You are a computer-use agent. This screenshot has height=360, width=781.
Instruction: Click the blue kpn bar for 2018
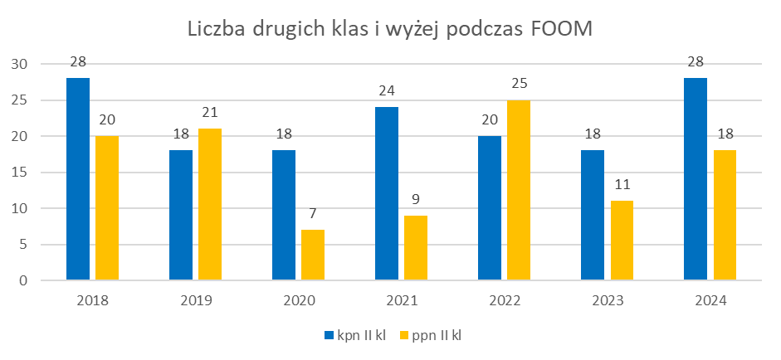pos(78,179)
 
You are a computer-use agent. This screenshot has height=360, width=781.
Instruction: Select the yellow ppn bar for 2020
pos(313,255)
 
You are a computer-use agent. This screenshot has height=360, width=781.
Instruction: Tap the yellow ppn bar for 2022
pos(519,190)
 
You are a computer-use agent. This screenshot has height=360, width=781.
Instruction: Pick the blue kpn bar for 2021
pos(387,193)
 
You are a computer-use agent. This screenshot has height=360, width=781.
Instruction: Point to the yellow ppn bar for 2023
pos(622,241)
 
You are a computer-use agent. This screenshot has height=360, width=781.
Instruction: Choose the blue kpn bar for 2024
pos(696,179)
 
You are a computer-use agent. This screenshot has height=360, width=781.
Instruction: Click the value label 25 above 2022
pos(519,83)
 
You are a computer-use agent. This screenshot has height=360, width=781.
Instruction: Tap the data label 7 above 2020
pos(313,213)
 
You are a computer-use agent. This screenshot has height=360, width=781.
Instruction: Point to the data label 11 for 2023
pos(622,184)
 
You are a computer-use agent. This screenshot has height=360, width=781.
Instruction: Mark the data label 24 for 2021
pos(387,90)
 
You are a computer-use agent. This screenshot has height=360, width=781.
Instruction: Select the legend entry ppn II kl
pos(436,335)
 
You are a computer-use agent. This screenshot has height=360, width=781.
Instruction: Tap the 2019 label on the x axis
pos(195,300)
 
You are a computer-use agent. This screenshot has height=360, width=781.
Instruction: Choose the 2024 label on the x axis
pos(710,300)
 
